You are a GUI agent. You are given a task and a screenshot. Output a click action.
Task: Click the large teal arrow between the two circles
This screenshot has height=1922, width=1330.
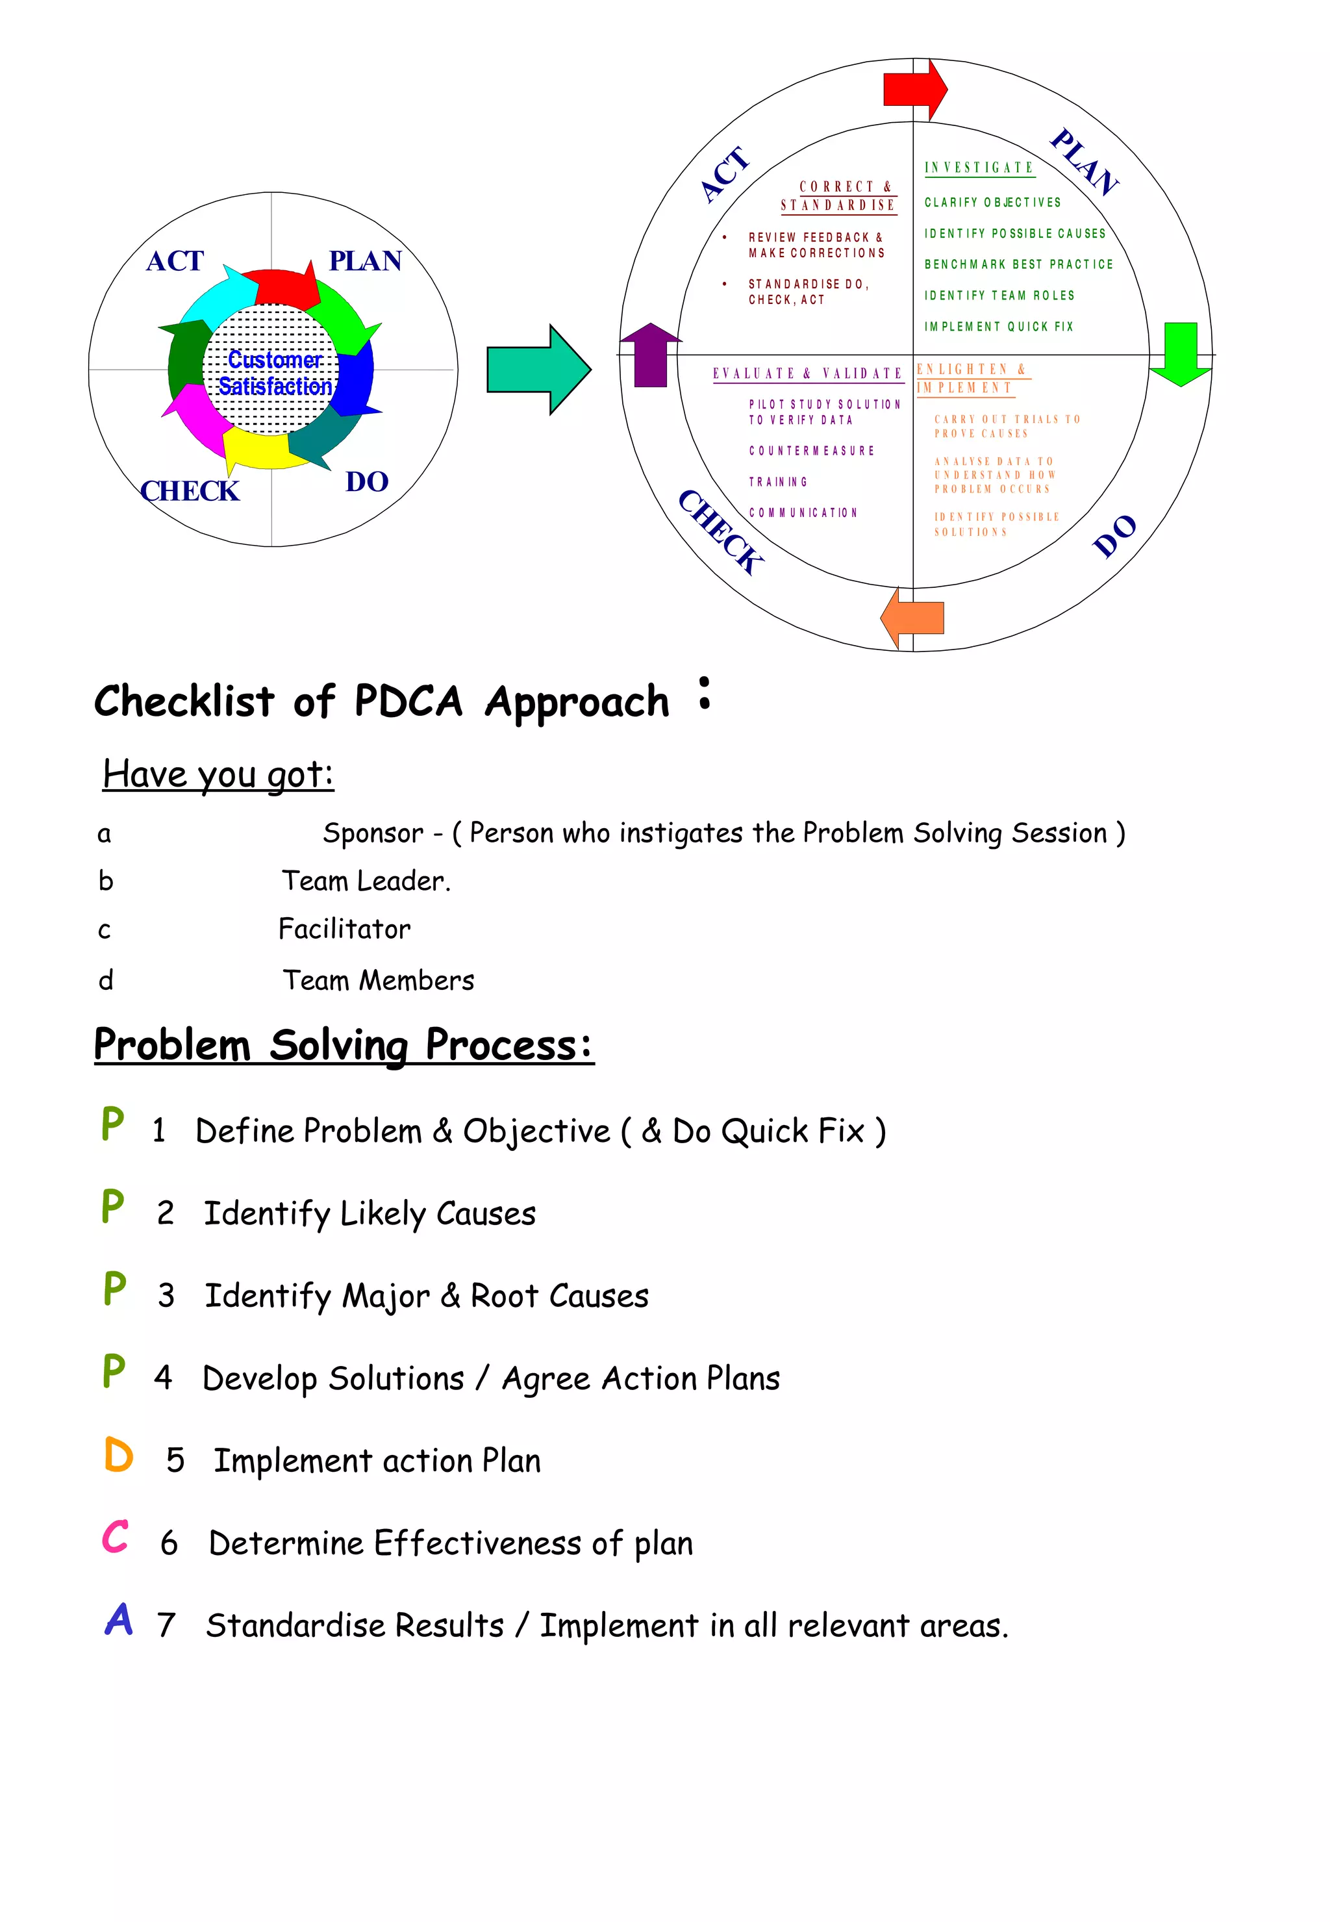538,369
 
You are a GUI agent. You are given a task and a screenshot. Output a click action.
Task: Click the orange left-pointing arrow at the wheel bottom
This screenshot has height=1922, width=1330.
912,618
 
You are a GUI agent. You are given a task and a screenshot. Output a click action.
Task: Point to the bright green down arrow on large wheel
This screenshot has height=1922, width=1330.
1180,353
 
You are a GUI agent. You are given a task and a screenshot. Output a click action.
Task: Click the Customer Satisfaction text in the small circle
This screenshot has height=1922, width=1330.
274,373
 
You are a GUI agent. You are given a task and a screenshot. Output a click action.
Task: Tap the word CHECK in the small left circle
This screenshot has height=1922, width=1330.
190,491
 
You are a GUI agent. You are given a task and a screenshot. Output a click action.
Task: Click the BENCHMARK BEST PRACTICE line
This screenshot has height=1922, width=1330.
1018,264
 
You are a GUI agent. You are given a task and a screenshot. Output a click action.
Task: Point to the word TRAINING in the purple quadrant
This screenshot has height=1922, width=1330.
777,482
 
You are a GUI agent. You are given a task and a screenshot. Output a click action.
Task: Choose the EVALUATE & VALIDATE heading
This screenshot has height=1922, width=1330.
807,373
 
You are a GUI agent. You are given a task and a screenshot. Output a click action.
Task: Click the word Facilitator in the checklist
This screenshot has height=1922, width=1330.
344,928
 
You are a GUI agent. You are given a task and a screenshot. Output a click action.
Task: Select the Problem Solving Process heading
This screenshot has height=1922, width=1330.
344,1044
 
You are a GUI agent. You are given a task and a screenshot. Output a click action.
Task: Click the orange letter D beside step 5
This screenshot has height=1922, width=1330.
119,1455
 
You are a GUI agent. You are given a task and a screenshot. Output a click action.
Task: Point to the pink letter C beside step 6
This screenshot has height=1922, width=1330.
116,1536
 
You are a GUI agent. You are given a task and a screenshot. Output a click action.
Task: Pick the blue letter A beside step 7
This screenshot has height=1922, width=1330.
118,1619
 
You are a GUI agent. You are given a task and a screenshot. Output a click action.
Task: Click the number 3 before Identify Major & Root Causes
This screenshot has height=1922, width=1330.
166,1295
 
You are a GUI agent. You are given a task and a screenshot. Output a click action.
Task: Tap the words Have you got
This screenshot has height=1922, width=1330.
218,774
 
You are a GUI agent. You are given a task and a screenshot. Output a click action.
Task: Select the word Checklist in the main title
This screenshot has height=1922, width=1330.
184,700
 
